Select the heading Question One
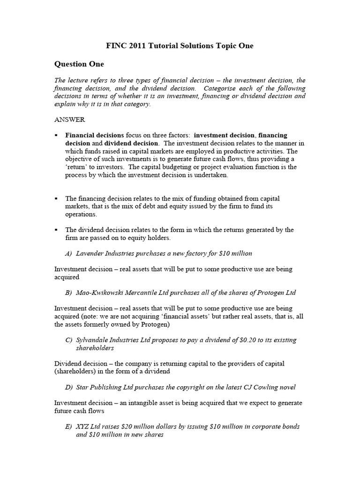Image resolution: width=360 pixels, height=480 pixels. [79, 64]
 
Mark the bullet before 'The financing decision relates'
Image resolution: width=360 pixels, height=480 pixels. [56, 199]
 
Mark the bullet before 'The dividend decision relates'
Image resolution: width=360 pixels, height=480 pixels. [56, 230]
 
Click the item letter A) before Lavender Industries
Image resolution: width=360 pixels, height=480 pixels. [68, 253]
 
